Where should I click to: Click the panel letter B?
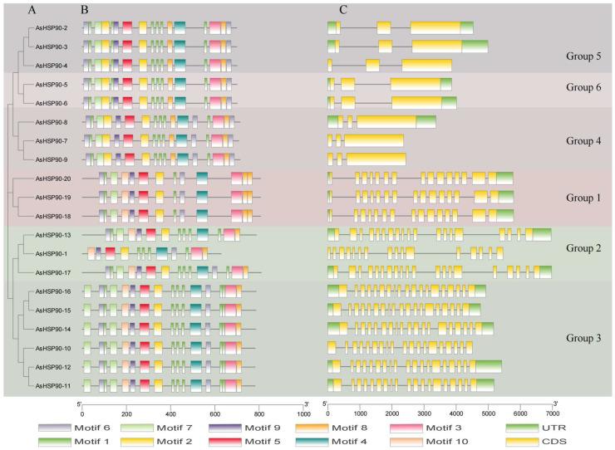[84, 10]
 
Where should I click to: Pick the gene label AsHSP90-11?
[52, 384]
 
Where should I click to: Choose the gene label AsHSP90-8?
[52, 123]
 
